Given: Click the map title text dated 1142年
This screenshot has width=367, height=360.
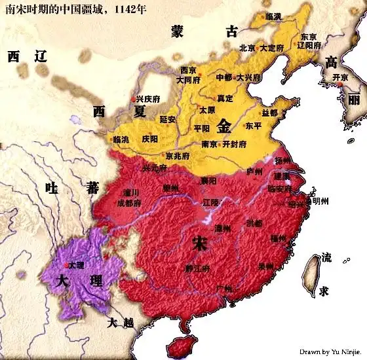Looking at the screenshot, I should pyautogui.click(x=76, y=11).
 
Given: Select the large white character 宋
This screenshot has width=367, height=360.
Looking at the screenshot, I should pyautogui.click(x=199, y=243).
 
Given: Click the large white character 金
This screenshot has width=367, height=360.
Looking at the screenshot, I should pyautogui.click(x=224, y=125).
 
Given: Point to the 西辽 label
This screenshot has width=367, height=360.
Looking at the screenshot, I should pyautogui.click(x=28, y=56).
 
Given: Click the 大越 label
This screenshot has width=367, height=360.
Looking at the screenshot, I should pyautogui.click(x=121, y=322).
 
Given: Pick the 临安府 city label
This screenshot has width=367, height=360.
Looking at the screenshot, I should pyautogui.click(x=280, y=189).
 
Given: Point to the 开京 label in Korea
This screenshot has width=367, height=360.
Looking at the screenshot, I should pyautogui.click(x=340, y=77).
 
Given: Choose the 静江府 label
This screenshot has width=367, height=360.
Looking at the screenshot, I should pyautogui.click(x=196, y=268).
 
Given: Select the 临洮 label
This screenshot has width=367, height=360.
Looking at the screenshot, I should pyautogui.click(x=121, y=139).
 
